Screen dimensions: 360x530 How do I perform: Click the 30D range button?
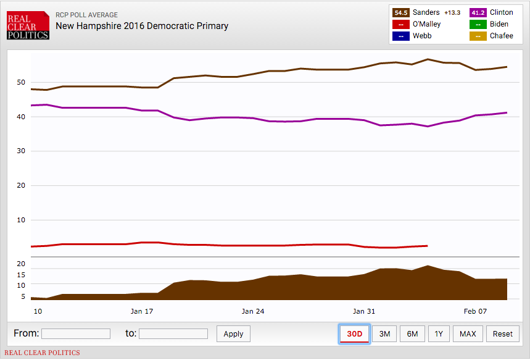[354, 334]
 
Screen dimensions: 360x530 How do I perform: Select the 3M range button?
[384, 334]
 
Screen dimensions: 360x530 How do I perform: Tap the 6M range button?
[412, 334]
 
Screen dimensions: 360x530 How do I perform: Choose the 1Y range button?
[439, 334]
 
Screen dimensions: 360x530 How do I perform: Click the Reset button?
[502, 334]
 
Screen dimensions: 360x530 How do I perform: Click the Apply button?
[233, 334]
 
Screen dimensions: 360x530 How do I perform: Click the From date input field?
[76, 334]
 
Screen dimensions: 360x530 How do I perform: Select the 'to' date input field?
[173, 334]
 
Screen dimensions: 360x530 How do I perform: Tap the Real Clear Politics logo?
[28, 27]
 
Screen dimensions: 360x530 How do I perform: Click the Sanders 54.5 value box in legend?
[401, 12]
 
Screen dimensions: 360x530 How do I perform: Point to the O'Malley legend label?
[427, 24]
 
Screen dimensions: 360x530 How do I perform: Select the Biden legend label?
[499, 24]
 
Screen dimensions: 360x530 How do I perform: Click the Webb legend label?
[422, 36]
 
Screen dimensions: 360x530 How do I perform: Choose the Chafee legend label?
[502, 36]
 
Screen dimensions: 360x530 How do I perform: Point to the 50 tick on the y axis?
[21, 82]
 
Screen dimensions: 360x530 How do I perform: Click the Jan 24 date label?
[253, 311]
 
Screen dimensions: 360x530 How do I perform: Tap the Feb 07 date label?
[475, 311]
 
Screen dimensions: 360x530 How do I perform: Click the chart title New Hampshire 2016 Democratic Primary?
[142, 26]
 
